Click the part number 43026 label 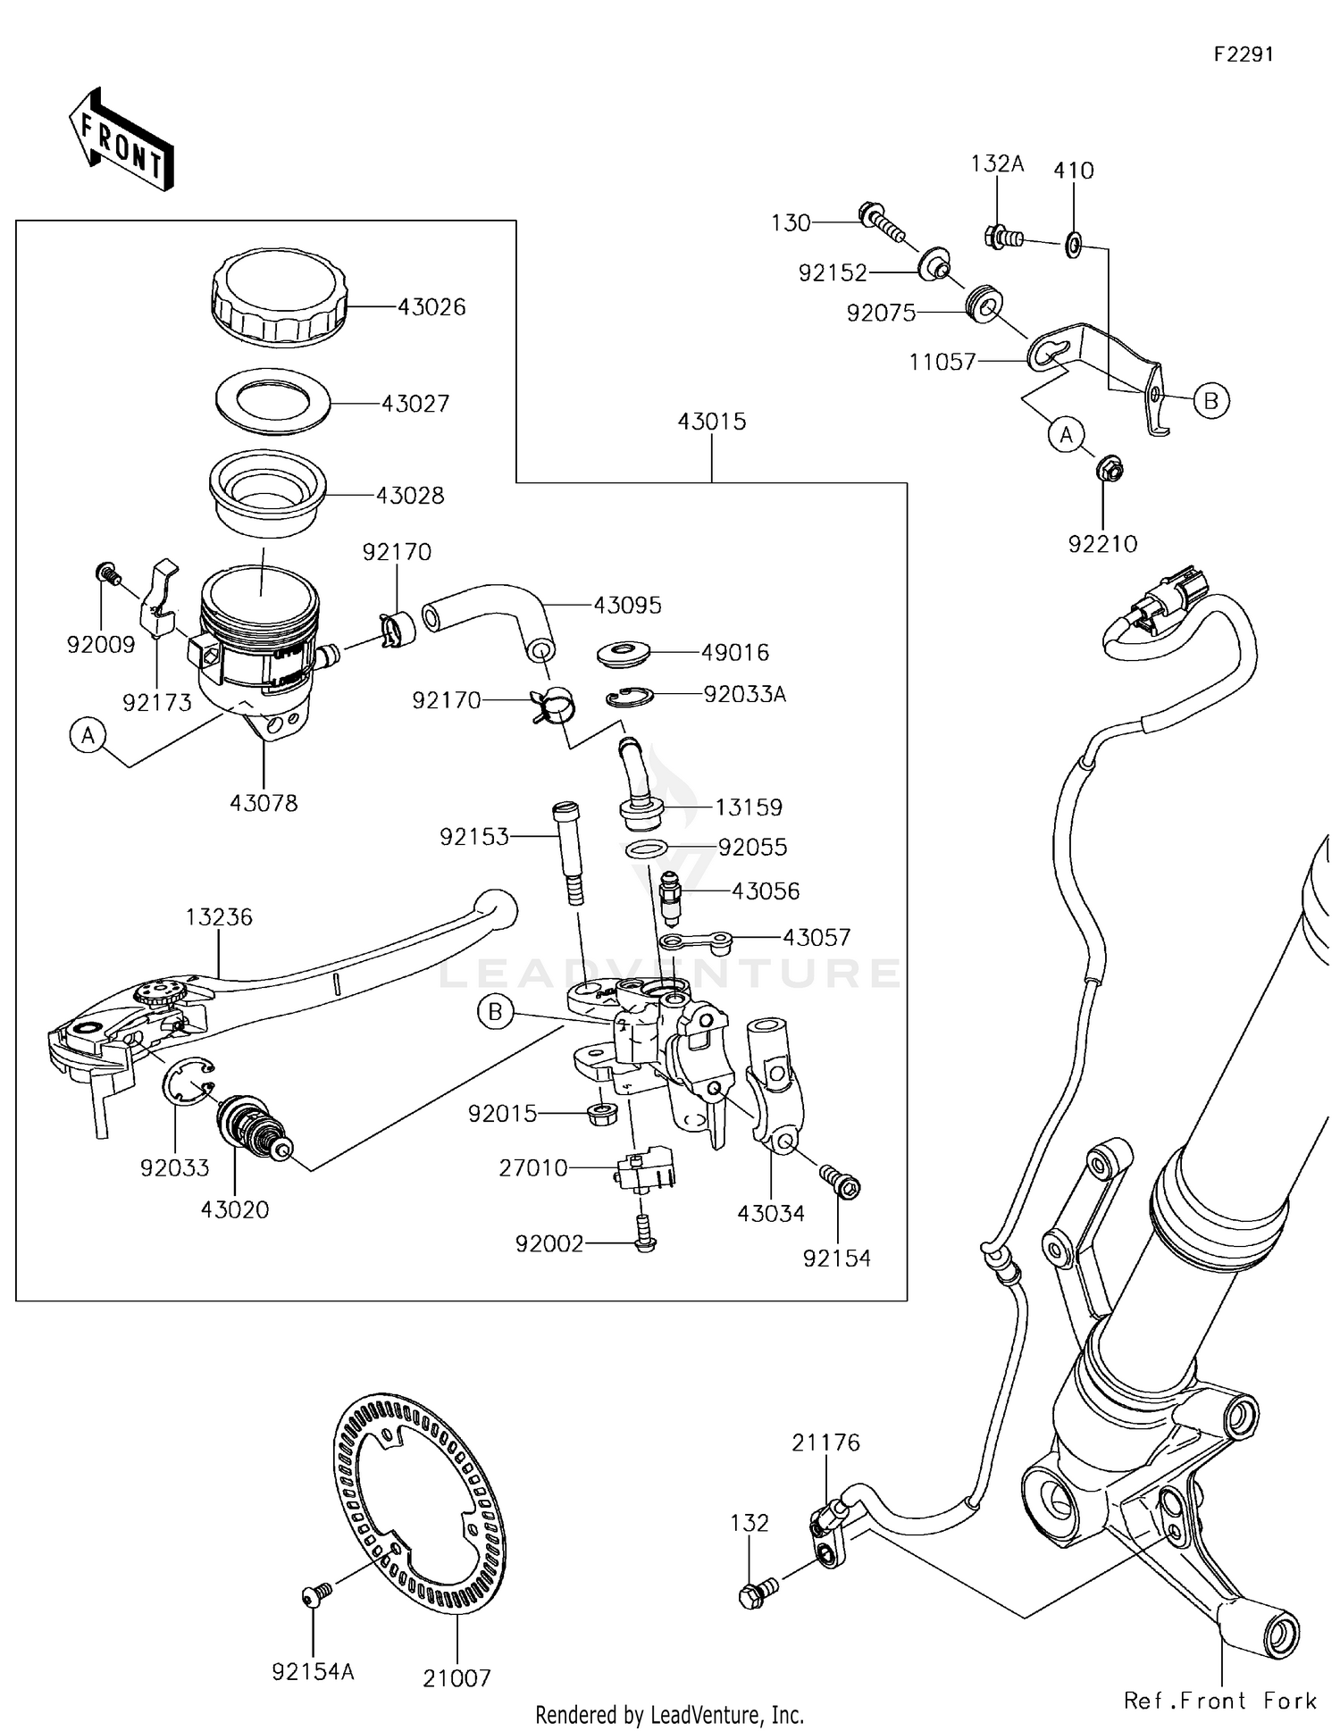point(431,307)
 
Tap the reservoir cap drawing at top point(280,296)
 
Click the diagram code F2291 point(1243,54)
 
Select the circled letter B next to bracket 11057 point(1210,400)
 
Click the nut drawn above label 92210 point(1109,467)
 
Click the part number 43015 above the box point(711,422)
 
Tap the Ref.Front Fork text point(1220,1701)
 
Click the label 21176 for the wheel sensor point(825,1442)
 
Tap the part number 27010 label point(533,1168)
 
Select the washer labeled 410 point(1073,243)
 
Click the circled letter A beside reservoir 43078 point(88,736)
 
